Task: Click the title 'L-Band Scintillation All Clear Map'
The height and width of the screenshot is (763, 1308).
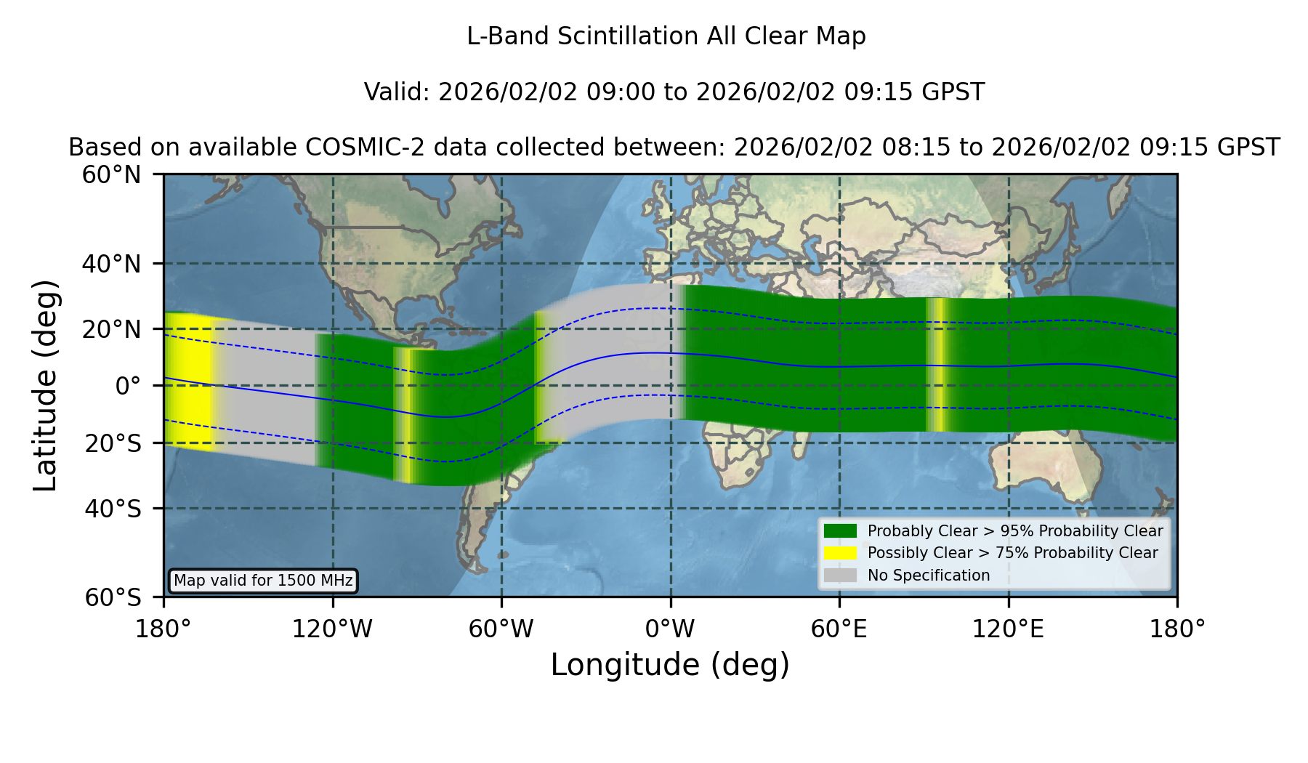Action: click(x=666, y=36)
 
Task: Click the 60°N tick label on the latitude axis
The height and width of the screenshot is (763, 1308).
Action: click(x=112, y=175)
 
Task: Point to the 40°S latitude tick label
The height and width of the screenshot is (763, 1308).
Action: click(x=113, y=509)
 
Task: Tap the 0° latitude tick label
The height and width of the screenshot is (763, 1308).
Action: click(x=128, y=386)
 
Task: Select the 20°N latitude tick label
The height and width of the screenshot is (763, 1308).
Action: click(x=112, y=329)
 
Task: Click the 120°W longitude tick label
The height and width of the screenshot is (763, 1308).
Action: click(x=332, y=629)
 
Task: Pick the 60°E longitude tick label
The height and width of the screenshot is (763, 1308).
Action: click(x=839, y=629)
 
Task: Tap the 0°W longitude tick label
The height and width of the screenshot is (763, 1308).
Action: click(x=670, y=629)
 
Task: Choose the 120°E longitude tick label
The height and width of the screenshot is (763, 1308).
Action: click(x=1009, y=629)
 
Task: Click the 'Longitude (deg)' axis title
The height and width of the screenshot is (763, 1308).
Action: click(x=670, y=665)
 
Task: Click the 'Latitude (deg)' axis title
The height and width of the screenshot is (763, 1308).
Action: click(x=46, y=385)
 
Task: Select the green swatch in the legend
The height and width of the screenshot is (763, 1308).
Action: click(x=841, y=530)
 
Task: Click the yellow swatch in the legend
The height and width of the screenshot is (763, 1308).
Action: click(x=841, y=553)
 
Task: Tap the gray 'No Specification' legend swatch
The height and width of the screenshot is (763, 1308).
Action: click(x=841, y=576)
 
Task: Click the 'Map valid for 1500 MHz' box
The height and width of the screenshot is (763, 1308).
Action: click(x=263, y=581)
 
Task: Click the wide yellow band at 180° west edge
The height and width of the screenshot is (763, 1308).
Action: click(x=188, y=381)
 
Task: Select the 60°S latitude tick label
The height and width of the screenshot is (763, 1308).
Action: click(x=113, y=597)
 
